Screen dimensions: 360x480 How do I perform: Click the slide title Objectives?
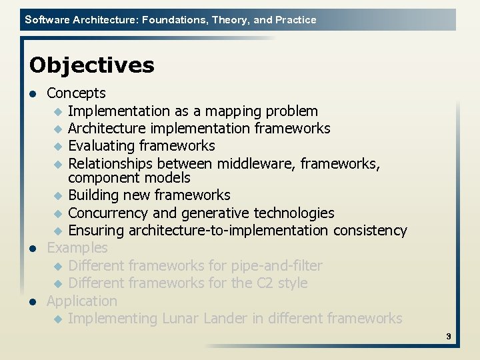coord(91,65)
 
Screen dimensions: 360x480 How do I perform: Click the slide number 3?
coord(449,337)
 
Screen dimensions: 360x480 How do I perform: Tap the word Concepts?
coord(76,93)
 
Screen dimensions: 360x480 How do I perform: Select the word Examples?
coord(77,248)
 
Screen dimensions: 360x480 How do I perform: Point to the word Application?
coord(81,301)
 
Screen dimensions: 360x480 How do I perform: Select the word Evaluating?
coord(101,146)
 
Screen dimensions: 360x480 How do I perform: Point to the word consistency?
coord(373,231)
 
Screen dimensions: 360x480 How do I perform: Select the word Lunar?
coord(182,319)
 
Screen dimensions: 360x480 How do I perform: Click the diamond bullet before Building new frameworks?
coord(57,196)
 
